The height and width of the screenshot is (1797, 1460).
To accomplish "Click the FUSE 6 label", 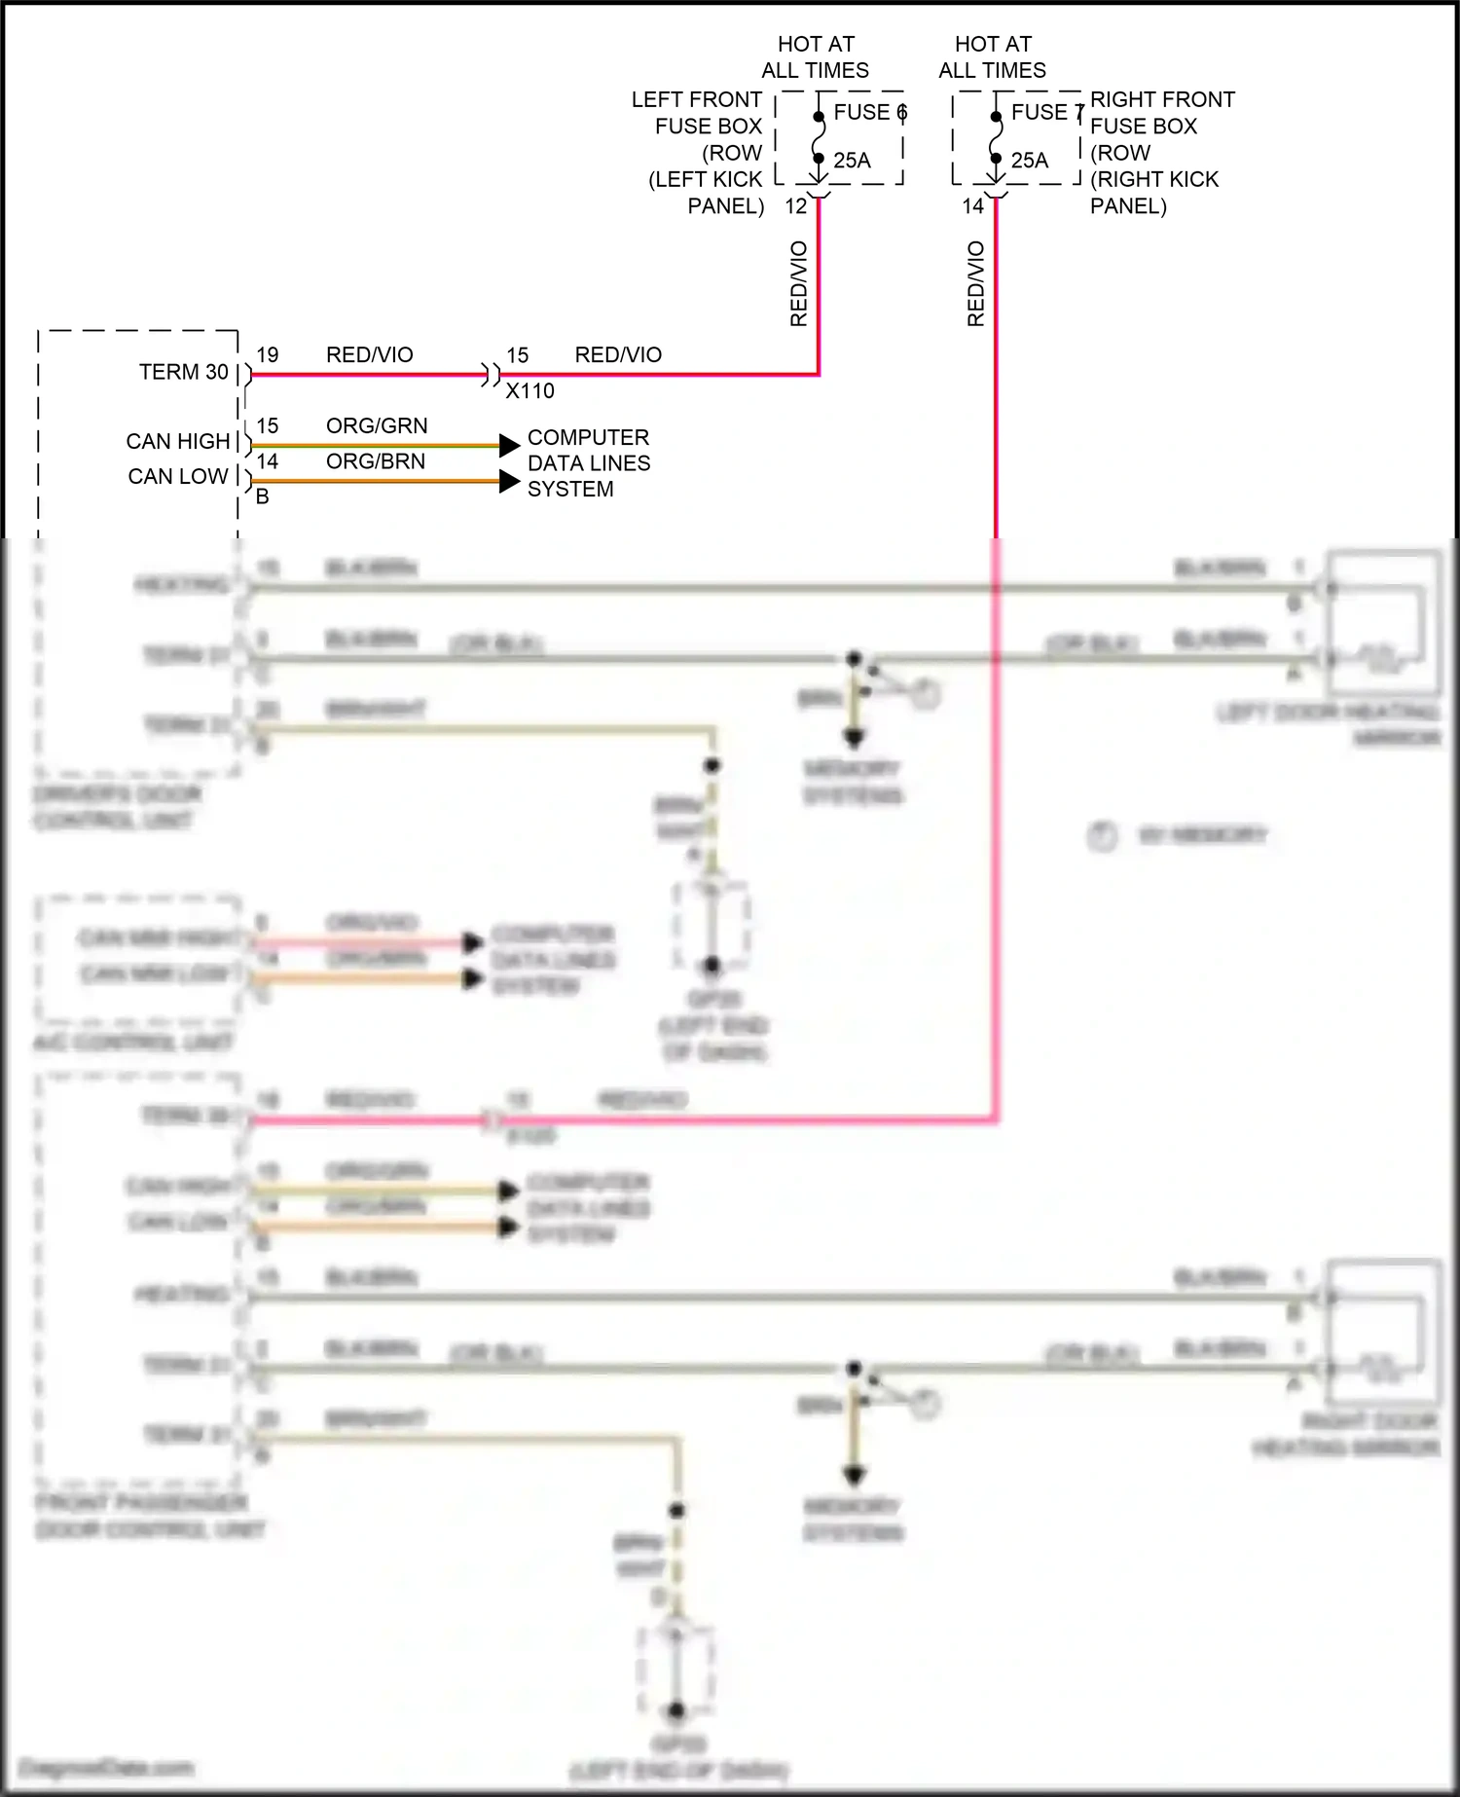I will pos(869,113).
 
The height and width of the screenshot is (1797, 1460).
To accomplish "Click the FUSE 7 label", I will pos(1046,113).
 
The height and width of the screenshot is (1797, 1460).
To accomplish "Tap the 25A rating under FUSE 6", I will pos(852,161).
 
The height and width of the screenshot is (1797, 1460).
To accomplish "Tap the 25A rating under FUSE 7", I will pos(1030,161).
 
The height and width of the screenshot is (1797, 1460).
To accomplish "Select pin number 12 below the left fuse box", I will pos(795,206).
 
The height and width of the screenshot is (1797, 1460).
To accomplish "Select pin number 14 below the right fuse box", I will pos(972,206).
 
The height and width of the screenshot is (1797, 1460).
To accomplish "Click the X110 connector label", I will pos(529,391).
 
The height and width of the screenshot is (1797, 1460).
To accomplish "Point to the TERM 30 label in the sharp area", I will pos(183,373).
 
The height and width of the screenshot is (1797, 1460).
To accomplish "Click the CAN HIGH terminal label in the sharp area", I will pos(177,442).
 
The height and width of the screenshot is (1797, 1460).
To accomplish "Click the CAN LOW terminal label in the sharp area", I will pos(177,477).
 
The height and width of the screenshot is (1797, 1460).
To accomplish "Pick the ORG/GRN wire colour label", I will pos(377,426).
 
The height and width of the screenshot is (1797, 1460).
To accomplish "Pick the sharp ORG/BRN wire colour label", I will pos(376,461).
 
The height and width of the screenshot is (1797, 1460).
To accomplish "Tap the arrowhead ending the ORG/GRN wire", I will pos(509,446).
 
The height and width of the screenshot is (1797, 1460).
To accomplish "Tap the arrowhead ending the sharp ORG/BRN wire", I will pos(509,481).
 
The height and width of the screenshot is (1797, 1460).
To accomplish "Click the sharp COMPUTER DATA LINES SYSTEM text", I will pos(588,463).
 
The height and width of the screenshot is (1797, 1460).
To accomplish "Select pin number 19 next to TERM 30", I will pos(267,355).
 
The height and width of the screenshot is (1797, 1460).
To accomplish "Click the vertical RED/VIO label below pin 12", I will pos(799,283).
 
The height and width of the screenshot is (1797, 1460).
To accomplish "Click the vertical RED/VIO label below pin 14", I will pos(976,283).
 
